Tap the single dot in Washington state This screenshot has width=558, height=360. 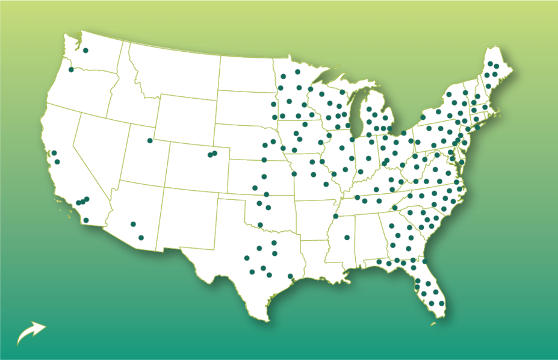85,51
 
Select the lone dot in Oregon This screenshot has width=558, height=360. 71,70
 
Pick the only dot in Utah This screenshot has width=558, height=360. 150,141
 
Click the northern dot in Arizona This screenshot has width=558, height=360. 133,225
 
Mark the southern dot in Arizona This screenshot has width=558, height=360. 141,238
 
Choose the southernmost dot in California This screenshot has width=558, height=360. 86,220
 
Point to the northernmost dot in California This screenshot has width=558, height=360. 54,153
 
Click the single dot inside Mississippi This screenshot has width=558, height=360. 347,238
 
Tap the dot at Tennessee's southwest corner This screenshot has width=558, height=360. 336,216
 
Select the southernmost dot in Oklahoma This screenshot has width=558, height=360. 260,225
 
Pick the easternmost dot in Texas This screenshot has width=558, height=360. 291,276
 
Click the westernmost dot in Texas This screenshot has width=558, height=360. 247,258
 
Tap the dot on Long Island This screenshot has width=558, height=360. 477,127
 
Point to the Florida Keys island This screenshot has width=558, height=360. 432,325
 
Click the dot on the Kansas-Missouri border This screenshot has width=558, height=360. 294,174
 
